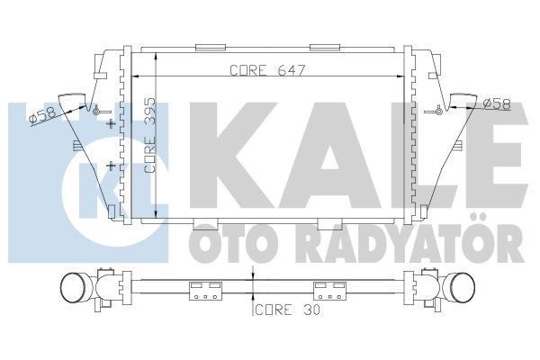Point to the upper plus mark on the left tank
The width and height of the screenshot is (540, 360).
coord(111,123)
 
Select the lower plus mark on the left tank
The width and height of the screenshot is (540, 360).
coord(111,166)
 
